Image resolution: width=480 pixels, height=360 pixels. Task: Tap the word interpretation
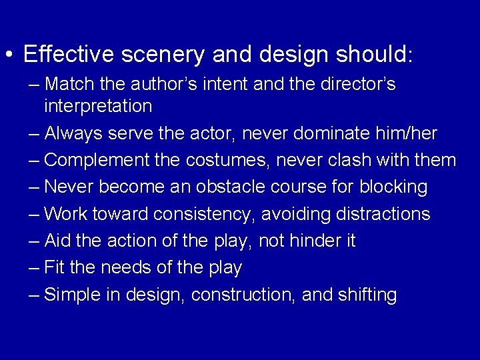(98, 106)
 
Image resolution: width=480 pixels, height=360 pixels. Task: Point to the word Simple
(71, 295)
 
